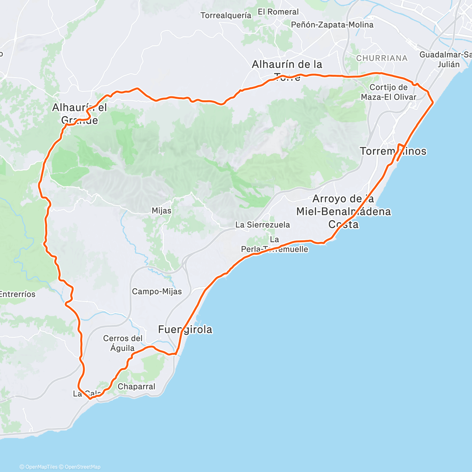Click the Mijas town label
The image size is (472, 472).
click(x=161, y=211)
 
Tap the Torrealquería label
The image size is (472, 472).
click(x=226, y=16)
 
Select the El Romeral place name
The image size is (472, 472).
click(x=278, y=12)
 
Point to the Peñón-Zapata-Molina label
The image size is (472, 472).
click(x=332, y=25)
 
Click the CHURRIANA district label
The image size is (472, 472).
click(x=382, y=58)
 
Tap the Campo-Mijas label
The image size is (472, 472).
click(x=157, y=291)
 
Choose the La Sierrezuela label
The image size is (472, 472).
click(x=262, y=225)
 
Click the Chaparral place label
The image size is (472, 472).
click(x=136, y=387)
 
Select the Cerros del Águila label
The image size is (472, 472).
click(x=123, y=343)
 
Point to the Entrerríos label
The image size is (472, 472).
click(x=17, y=294)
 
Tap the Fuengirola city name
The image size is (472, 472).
click(x=185, y=330)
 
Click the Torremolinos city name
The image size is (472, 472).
click(x=393, y=151)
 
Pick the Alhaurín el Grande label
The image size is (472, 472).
click(x=79, y=114)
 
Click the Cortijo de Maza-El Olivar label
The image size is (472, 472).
click(x=389, y=92)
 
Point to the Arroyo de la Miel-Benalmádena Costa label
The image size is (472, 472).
click(x=343, y=212)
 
